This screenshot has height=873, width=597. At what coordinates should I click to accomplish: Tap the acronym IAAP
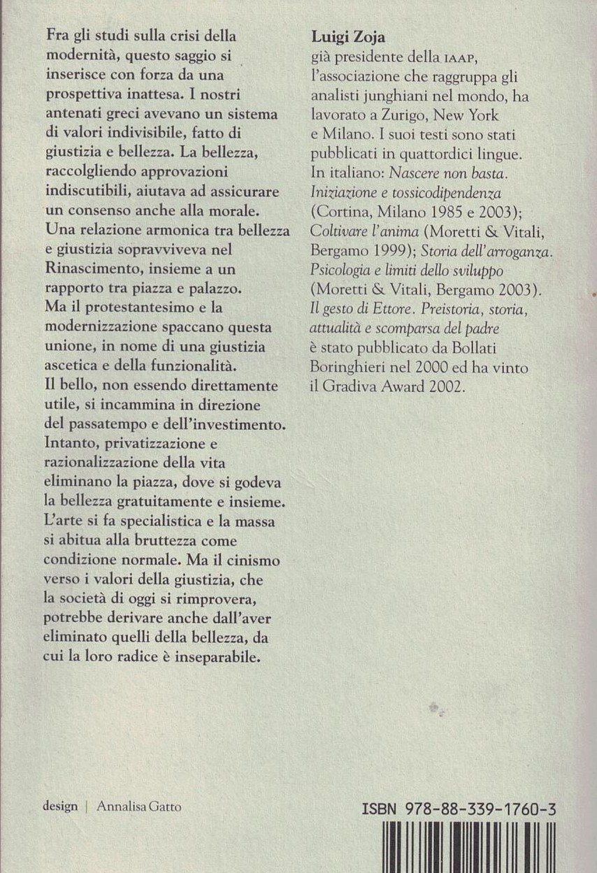pyautogui.click(x=428, y=59)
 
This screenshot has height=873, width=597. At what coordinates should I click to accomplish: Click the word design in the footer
pyautogui.click(x=60, y=806)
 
